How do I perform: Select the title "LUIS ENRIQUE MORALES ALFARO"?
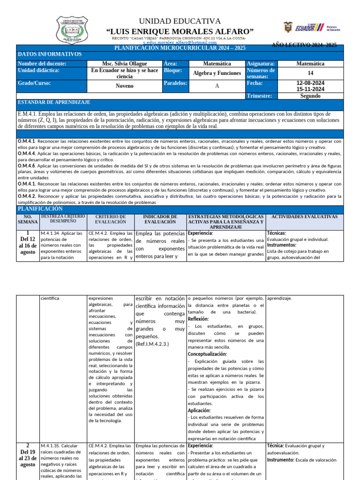(180, 31)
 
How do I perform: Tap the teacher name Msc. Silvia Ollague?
(124, 64)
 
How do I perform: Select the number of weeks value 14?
(310, 74)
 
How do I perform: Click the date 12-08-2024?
(310, 83)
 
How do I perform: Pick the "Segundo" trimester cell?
(310, 96)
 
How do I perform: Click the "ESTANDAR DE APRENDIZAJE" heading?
(54, 102)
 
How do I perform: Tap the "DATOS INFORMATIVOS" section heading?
(49, 54)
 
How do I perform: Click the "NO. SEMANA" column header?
(28, 219)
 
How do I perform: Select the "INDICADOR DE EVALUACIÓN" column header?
(160, 219)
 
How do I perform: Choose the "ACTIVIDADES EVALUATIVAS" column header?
(304, 217)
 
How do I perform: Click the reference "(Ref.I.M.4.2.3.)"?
(152, 344)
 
